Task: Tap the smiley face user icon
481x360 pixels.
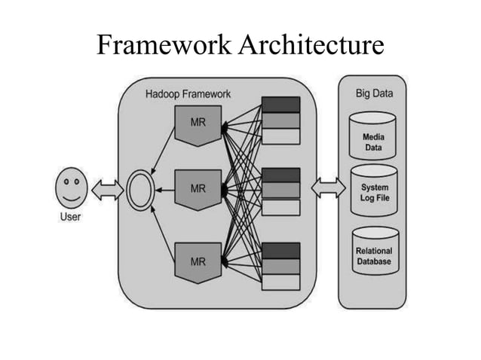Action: pos(71,189)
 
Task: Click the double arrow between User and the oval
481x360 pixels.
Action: pos(106,191)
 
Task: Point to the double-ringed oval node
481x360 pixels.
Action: pos(140,191)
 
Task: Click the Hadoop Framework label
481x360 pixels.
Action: pos(188,94)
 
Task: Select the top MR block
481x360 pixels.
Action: pos(198,124)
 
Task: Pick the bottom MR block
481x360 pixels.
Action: pos(198,261)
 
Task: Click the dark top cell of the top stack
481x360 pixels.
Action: pos(280,105)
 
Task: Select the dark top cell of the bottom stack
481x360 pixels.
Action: pos(280,250)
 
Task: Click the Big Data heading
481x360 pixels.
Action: pos(374,94)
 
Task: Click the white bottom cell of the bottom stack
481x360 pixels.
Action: pos(280,282)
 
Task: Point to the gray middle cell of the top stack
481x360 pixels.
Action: pos(280,121)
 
